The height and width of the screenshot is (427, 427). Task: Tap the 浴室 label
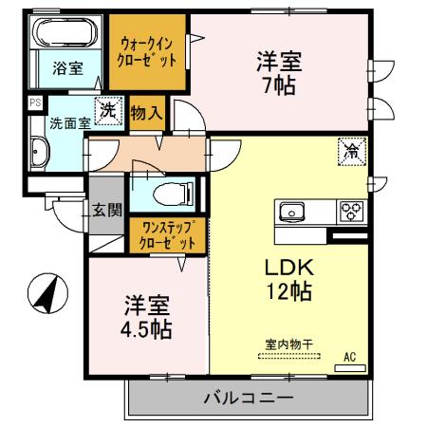tap(67, 67)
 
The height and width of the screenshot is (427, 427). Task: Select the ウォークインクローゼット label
tap(146, 48)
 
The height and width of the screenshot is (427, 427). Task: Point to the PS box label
tap(34, 102)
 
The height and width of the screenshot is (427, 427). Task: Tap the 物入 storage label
tap(147, 113)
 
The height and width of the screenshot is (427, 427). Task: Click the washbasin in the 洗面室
tap(40, 152)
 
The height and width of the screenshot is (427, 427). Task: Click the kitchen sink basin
tap(290, 211)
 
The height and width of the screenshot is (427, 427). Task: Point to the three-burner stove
tap(351, 211)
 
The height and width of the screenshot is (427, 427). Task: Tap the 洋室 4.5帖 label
tap(147, 318)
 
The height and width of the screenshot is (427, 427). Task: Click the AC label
tap(350, 356)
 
